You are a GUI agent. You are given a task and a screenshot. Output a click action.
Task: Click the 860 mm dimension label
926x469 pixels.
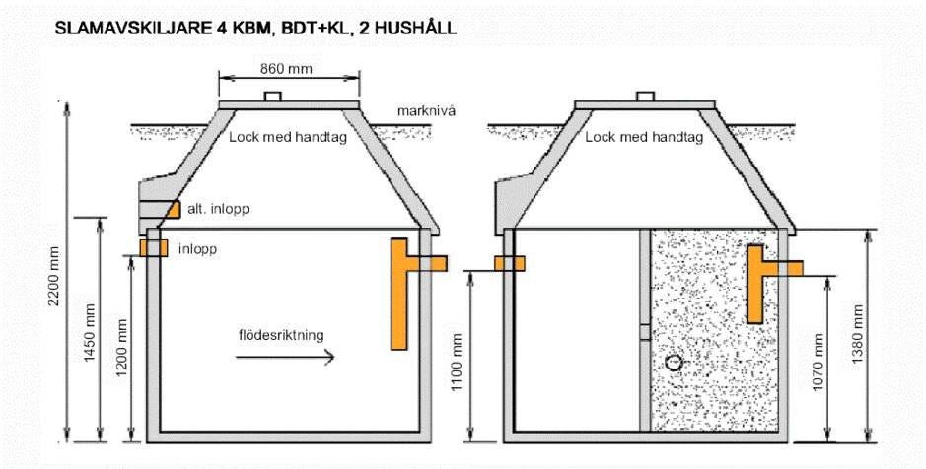286,69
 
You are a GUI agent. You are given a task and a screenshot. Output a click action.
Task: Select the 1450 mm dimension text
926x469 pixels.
90,334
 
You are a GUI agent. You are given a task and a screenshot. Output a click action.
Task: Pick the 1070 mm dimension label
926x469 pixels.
818,365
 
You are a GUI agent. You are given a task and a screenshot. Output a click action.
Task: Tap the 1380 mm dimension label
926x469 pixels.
858,334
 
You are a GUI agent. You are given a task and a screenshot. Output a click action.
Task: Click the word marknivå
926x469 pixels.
426,111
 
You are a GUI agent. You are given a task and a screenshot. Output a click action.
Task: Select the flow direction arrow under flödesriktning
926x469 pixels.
285,357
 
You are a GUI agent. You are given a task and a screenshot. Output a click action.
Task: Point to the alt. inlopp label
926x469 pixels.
219,209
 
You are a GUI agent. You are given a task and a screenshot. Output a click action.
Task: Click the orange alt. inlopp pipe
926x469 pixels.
173,210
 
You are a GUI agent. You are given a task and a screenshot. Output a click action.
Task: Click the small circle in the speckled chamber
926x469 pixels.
674,363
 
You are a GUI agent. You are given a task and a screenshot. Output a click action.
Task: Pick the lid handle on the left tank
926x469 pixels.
273,97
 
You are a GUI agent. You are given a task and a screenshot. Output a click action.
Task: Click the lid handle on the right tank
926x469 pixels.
645,97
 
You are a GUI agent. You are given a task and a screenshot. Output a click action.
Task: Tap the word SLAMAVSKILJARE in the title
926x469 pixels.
131,29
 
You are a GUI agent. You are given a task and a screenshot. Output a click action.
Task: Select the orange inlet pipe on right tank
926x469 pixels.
509,263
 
